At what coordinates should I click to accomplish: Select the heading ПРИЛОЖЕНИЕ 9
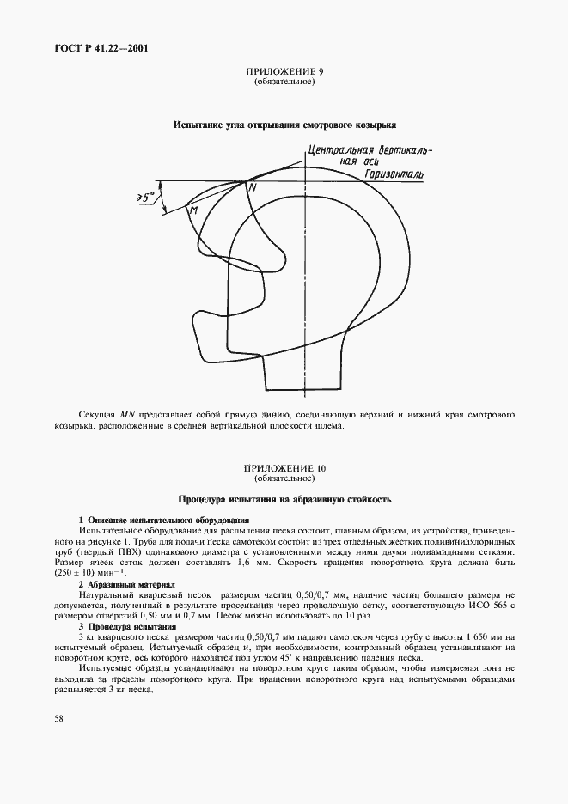point(283,73)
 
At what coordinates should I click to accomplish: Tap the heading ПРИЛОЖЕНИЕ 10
point(284,468)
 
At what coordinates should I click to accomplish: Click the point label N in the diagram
point(252,186)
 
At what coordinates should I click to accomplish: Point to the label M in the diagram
point(193,210)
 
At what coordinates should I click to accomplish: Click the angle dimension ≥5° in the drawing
point(147,198)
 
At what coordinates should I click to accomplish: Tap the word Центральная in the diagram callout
point(339,149)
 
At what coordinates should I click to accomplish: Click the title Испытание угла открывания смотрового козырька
point(284,125)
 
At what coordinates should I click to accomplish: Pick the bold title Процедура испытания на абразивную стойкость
point(284,498)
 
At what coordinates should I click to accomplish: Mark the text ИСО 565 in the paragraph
point(483,604)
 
